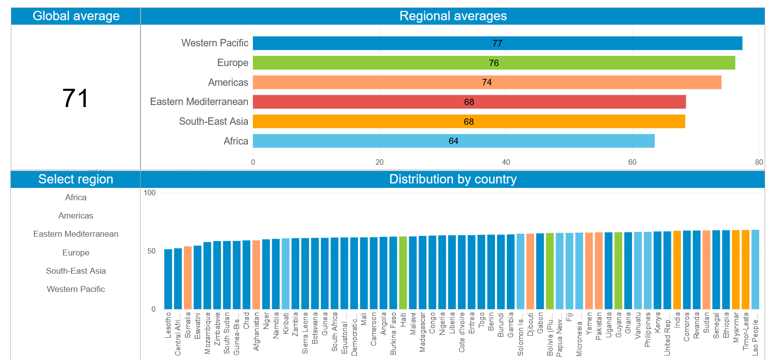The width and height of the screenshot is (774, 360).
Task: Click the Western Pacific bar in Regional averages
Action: click(x=497, y=43)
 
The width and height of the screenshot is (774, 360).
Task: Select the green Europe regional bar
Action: click(x=494, y=63)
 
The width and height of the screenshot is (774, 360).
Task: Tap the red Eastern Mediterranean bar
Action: click(x=469, y=102)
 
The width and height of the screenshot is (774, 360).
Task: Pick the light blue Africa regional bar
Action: click(x=454, y=141)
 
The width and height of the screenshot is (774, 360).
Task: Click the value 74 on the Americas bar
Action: click(x=487, y=82)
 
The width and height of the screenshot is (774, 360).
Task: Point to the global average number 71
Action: click(x=75, y=98)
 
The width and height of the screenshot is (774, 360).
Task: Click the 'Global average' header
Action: click(x=76, y=16)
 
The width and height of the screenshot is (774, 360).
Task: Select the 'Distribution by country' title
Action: click(x=453, y=180)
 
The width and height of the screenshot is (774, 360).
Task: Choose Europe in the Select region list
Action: click(x=76, y=252)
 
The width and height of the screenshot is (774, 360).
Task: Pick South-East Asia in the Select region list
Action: click(x=76, y=271)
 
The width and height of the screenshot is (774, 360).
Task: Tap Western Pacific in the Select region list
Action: click(x=76, y=289)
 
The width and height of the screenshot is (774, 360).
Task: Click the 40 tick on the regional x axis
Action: click(x=506, y=162)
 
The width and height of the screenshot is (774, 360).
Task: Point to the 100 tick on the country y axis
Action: click(x=149, y=193)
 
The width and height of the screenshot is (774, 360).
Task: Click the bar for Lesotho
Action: click(x=168, y=279)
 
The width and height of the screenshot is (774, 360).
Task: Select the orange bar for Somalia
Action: click(x=188, y=278)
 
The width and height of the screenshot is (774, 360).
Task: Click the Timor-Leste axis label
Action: click(x=745, y=331)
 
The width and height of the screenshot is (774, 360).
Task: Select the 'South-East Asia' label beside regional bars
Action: click(x=213, y=122)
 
